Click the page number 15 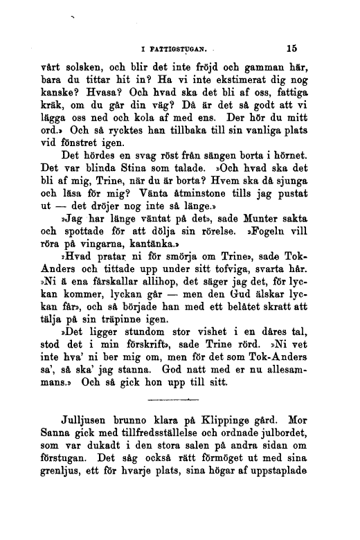point(290,49)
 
